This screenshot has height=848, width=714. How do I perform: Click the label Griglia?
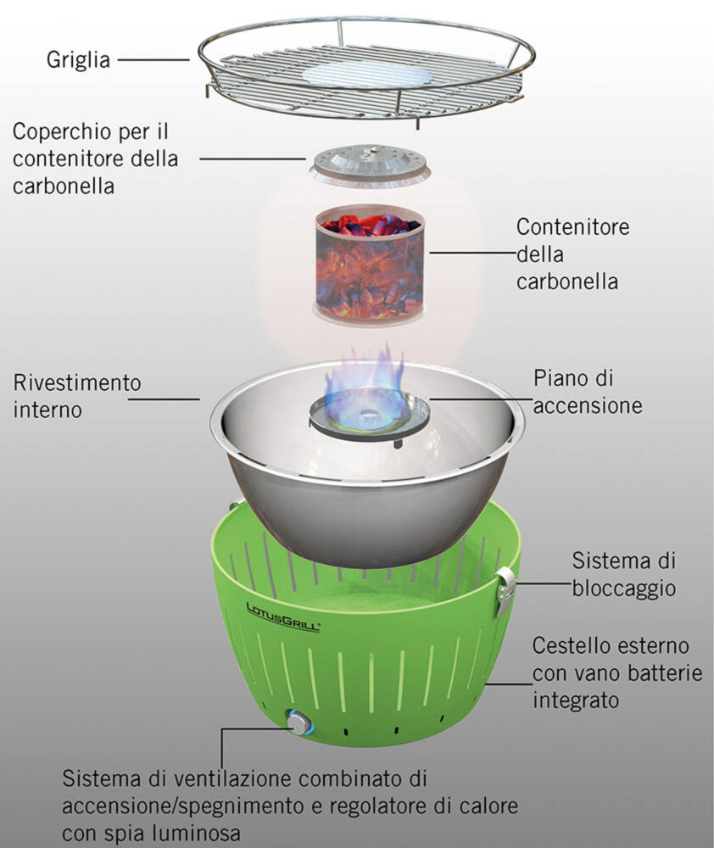pos(79,60)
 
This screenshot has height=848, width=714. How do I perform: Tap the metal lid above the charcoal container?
pos(367,163)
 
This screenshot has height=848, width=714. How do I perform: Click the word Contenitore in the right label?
pos(573,227)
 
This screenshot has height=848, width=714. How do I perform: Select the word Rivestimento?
pos(77,382)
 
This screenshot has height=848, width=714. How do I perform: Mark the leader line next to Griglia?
pos(153,60)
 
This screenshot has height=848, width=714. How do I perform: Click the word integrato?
pos(574,700)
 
